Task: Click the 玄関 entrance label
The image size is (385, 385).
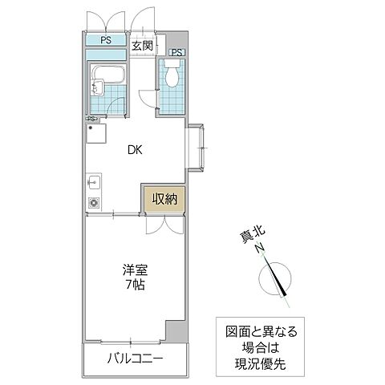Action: (142, 45)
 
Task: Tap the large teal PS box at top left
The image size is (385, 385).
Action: (106, 40)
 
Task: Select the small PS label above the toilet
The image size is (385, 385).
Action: (176, 54)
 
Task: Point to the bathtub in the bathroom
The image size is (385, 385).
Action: (106, 78)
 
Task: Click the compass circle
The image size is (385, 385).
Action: (274, 280)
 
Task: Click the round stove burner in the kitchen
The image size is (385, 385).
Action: (93, 203)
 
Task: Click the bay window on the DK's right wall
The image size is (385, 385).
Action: (198, 146)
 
